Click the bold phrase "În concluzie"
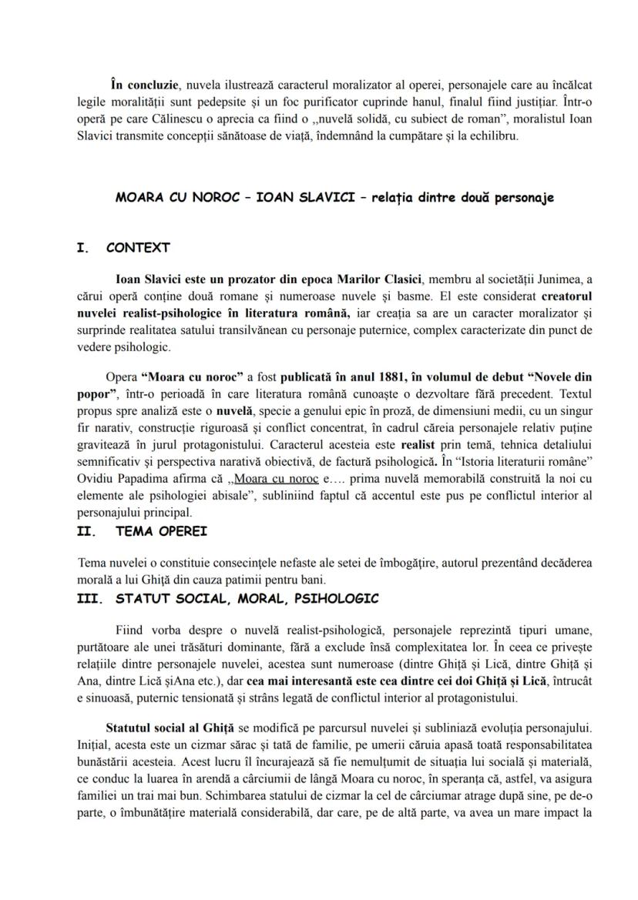pos(146,85)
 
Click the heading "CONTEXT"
pos(138,248)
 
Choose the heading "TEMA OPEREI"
pos(160,531)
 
